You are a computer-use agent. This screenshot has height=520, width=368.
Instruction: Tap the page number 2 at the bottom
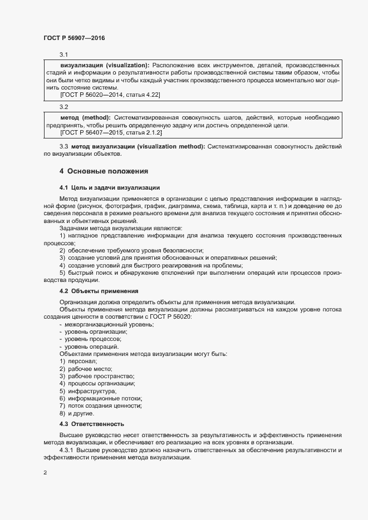pyautogui.click(x=45, y=473)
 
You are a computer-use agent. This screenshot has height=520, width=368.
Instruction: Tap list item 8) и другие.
pyautogui.click(x=77, y=414)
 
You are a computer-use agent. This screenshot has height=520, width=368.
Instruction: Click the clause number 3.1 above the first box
pyautogui.click(x=64, y=55)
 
